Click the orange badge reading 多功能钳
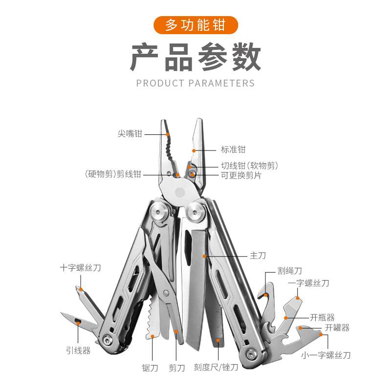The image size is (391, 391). click(x=195, y=25)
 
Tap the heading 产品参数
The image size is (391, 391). click(x=195, y=58)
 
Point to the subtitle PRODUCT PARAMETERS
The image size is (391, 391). click(x=195, y=83)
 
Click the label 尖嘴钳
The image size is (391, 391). click(x=130, y=133)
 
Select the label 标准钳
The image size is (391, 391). click(x=233, y=150)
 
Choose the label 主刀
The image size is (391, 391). click(x=258, y=256)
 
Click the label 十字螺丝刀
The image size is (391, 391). click(x=80, y=268)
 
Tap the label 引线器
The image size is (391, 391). click(x=78, y=350)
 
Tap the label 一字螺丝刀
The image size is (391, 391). click(x=308, y=283)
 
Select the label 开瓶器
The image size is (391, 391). click(x=323, y=318)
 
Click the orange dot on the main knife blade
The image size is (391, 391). click(x=205, y=256)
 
